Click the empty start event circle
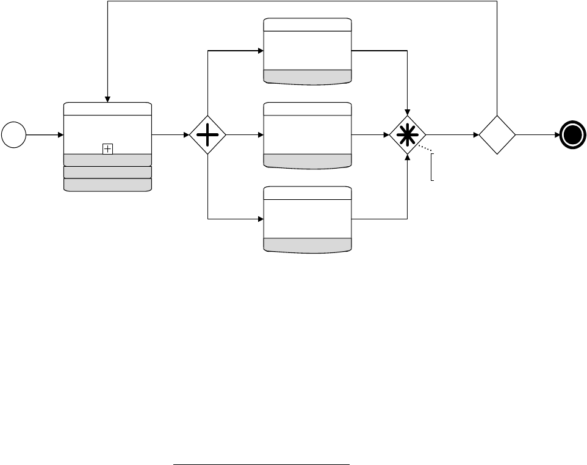coord(13,134)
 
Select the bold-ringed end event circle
coord(574,134)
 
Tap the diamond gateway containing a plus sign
coord(207,134)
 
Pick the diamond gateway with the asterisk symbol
coord(408,134)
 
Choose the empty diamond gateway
coord(497,134)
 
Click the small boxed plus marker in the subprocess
coord(107,148)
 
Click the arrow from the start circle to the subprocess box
coord(44,134)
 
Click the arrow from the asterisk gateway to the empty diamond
coord(452,134)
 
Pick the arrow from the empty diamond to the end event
coord(537,134)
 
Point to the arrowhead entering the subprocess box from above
coord(107,100)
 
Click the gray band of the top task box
coord(308,76)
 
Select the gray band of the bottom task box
coord(308,244)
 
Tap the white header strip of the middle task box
coord(308,109)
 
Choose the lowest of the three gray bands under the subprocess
coord(107,185)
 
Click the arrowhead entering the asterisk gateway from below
coord(408,157)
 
